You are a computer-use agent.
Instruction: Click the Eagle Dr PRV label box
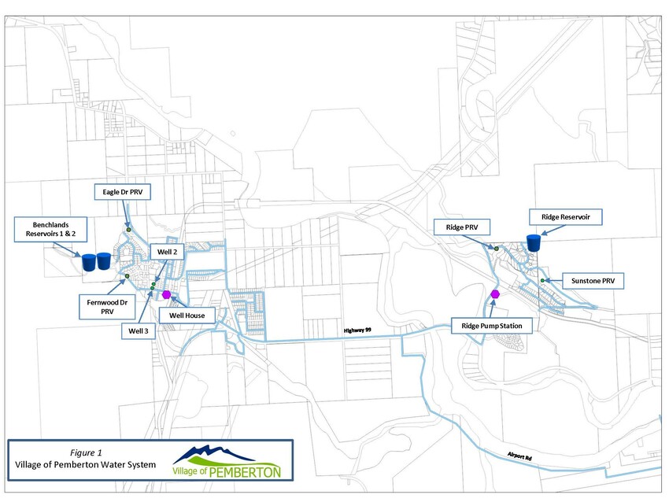(x=123, y=192)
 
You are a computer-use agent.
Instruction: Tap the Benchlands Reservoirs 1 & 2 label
(x=51, y=230)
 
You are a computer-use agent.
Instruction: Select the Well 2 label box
(x=167, y=252)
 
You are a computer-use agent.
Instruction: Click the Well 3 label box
(x=139, y=331)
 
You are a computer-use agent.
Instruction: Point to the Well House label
(x=187, y=316)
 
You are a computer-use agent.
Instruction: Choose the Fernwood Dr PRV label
(x=107, y=307)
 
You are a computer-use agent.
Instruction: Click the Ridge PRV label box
(x=462, y=227)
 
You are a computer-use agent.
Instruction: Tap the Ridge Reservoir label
(x=566, y=217)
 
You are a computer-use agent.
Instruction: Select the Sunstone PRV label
(x=593, y=281)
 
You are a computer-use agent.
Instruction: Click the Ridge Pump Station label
(x=491, y=326)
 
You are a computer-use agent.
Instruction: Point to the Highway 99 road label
(x=357, y=330)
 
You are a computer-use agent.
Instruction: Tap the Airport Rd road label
(x=519, y=456)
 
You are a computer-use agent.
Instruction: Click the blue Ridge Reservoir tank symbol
(x=534, y=242)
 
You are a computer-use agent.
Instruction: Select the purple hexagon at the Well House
(x=166, y=295)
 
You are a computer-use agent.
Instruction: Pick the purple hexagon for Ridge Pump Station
(x=495, y=293)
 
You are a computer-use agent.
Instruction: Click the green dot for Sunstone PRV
(x=542, y=281)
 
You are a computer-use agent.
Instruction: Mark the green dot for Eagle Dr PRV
(x=128, y=230)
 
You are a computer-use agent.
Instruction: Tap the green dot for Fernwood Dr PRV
(x=128, y=276)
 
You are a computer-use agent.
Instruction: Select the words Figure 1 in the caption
(x=87, y=453)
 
